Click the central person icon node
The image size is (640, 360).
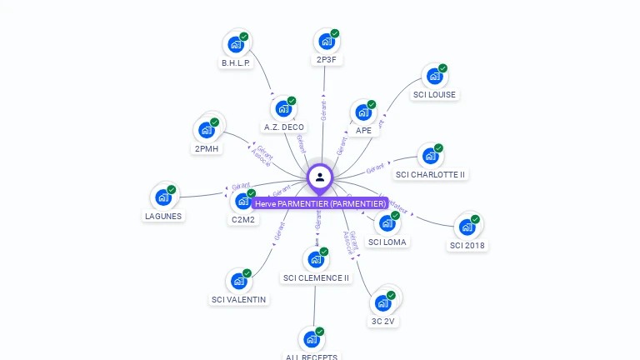320,177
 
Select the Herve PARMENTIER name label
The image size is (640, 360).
320,203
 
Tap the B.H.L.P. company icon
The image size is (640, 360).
236,44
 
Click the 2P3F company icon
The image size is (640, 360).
326,41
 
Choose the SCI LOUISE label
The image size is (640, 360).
434,95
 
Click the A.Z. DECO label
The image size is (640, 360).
283,127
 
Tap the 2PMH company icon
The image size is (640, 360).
207,130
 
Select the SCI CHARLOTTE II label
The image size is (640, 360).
430,175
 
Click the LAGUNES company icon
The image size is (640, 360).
163,197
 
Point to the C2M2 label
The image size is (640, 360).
243,220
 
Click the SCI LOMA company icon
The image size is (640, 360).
387,223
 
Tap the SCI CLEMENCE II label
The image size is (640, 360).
316,278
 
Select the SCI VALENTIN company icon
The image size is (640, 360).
239,281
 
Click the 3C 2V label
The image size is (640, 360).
382,321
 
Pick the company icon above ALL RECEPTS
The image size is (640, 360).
312,339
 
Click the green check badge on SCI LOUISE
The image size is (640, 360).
442,68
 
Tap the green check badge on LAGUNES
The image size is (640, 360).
172,189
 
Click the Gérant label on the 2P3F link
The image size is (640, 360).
323,108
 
